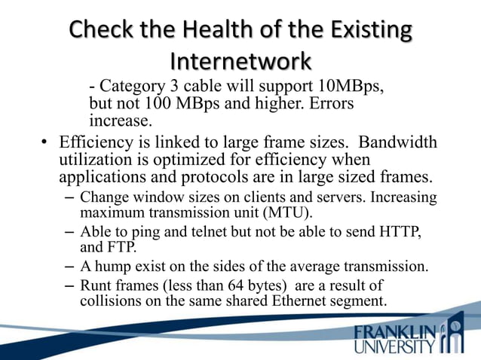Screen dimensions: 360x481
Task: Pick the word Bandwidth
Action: (x=400, y=142)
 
